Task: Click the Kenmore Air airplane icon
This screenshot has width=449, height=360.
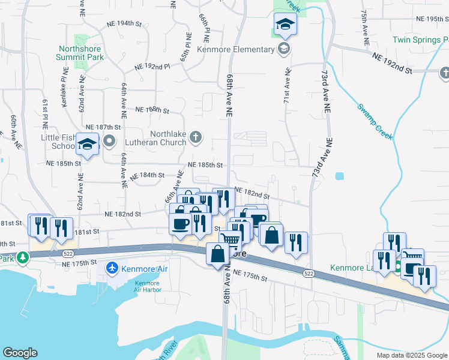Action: [112, 268]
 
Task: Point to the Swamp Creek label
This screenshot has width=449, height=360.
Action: [375, 122]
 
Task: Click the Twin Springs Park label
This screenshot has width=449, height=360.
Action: [420, 40]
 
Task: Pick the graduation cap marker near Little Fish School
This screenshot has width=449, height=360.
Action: [87, 145]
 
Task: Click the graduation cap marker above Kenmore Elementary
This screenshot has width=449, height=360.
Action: [285, 25]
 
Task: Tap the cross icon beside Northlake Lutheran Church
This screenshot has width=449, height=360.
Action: [194, 138]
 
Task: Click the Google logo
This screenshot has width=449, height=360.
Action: [20, 353]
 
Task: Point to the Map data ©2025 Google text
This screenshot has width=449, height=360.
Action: [411, 355]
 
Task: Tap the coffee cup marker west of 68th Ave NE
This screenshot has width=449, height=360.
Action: [181, 224]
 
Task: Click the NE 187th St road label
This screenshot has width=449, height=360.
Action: [103, 127]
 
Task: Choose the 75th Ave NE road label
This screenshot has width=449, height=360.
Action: [364, 28]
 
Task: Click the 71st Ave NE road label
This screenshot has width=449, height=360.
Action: [286, 84]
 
